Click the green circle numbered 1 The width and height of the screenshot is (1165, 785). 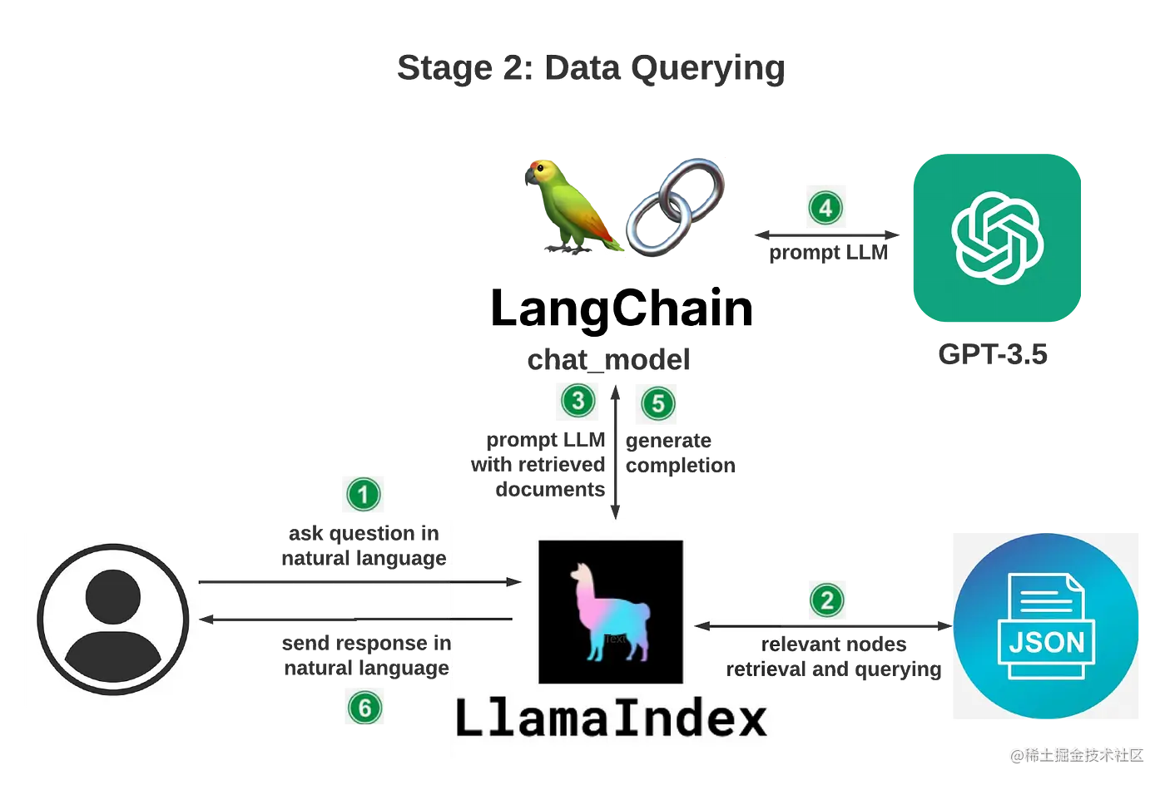point(363,496)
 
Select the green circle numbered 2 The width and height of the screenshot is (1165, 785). point(826,600)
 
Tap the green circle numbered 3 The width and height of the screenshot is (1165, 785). point(578,401)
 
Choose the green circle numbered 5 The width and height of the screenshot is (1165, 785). point(657,404)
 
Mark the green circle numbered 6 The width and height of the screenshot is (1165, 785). point(364,708)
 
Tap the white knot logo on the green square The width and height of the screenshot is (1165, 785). point(997,237)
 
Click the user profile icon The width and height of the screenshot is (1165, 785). point(113,621)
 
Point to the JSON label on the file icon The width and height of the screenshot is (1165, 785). point(1046,642)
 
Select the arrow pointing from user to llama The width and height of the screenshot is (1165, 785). point(358,582)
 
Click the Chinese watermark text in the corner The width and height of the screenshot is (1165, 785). point(1078,754)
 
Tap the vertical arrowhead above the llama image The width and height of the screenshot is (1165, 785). point(616,515)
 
